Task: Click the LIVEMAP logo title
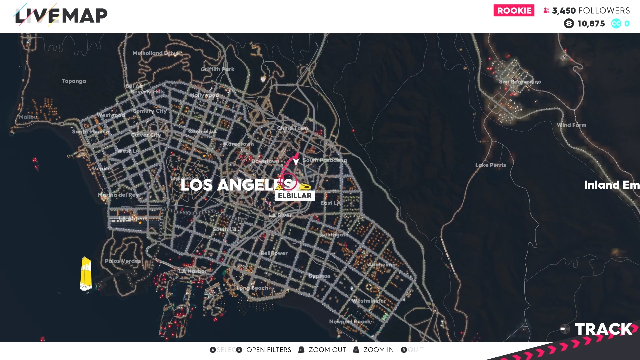(61, 15)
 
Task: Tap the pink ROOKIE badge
(514, 10)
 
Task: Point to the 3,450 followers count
(590, 11)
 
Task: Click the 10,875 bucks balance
(591, 24)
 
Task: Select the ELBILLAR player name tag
(295, 196)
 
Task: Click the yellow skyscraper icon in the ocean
(86, 274)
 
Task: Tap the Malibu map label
(28, 117)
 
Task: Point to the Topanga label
(74, 81)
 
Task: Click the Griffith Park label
(217, 69)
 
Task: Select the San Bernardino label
(520, 82)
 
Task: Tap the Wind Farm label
(571, 125)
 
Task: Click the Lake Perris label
(490, 165)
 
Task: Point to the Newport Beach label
(350, 322)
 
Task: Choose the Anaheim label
(380, 265)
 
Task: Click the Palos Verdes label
(123, 261)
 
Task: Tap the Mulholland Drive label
(155, 53)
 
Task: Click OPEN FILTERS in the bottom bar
(268, 350)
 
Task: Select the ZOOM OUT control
(327, 350)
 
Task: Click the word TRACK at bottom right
(603, 329)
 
